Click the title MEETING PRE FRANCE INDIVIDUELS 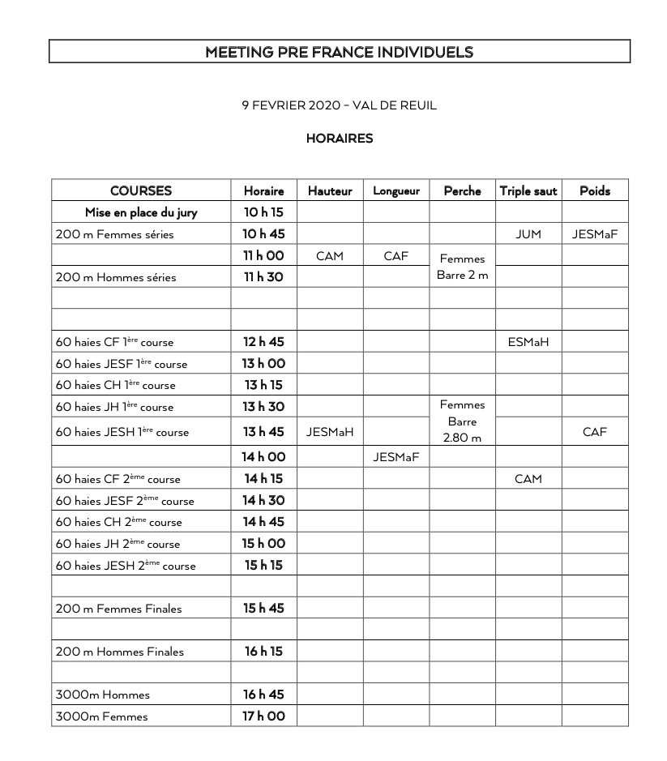[339, 53]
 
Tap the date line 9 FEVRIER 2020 [339, 105]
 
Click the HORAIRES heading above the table [339, 139]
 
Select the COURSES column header [141, 191]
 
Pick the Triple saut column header [528, 191]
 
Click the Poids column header [594, 191]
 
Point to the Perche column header [462, 191]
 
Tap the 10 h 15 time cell [264, 212]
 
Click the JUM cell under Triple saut [528, 234]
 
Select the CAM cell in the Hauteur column [330, 256]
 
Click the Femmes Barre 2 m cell [462, 267]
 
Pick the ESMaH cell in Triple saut [528, 342]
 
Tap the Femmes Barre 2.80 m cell [462, 421]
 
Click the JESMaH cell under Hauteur [330, 432]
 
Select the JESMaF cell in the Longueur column [395, 457]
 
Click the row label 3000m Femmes [102, 716]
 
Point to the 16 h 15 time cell [264, 652]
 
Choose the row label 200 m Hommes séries [116, 277]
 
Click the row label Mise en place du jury [141, 212]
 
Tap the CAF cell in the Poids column [594, 432]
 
